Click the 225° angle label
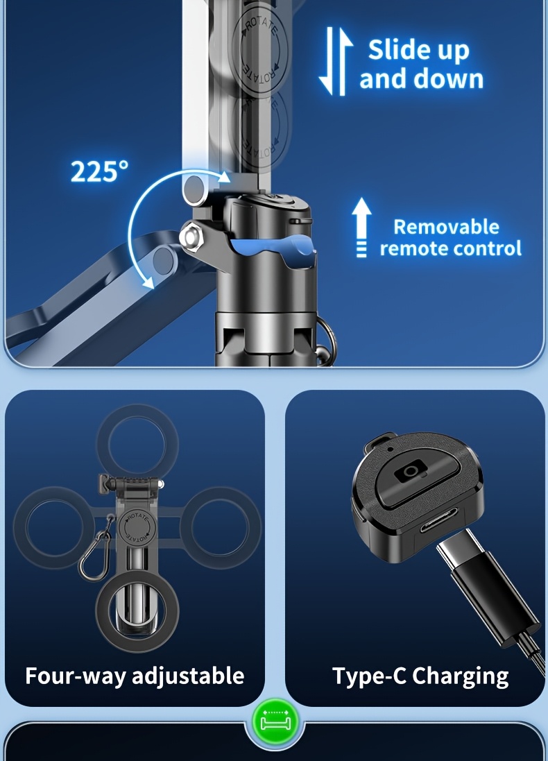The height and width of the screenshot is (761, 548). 99,171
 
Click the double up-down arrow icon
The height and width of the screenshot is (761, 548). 336,60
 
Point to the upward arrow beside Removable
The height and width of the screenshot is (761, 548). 361,227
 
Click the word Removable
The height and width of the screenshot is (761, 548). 446,227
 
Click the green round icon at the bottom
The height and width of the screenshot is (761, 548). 275,724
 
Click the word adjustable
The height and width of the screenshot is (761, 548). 188,676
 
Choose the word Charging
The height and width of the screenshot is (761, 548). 460,676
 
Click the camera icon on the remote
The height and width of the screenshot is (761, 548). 411,471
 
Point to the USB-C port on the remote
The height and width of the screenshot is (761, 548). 438,520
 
